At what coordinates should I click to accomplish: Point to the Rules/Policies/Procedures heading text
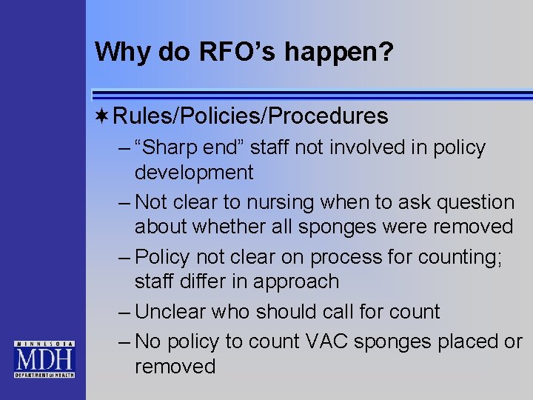250,116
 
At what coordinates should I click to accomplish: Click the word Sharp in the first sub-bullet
169,147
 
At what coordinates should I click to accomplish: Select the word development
194,173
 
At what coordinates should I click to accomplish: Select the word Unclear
171,311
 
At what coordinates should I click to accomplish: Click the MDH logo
44,359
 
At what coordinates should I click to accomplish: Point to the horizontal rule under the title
311,95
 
